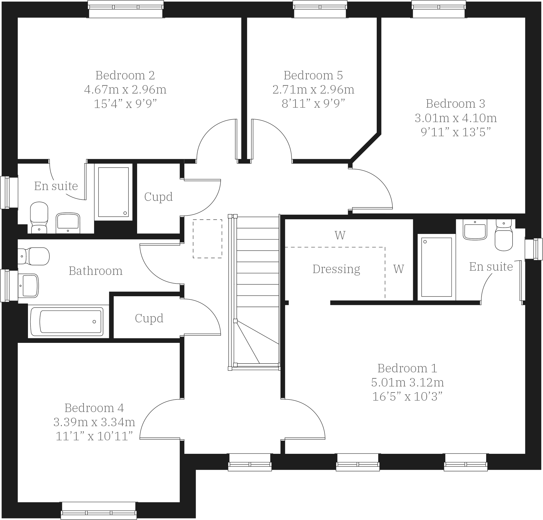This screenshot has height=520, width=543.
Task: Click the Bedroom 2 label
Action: pyautogui.click(x=125, y=75)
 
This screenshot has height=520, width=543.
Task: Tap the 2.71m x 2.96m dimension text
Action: pyautogui.click(x=313, y=90)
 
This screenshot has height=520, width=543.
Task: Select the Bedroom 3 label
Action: pyautogui.click(x=455, y=103)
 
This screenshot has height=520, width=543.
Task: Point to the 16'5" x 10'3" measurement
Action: pyautogui.click(x=407, y=397)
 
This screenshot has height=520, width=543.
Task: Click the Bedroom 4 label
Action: pyautogui.click(x=94, y=408)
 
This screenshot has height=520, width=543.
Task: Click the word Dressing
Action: pyautogui.click(x=336, y=269)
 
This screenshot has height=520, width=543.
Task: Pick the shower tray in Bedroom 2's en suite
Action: pyautogui.click(x=113, y=192)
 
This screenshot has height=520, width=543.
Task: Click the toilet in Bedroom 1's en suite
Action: pyautogui.click(x=504, y=235)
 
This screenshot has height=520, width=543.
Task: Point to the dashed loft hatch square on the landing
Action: pyautogui.click(x=207, y=239)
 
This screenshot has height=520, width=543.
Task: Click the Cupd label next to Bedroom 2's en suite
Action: pyautogui.click(x=158, y=197)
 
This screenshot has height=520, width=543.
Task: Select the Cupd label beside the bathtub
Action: pyautogui.click(x=149, y=318)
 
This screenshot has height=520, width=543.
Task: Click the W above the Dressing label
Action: pyautogui.click(x=340, y=235)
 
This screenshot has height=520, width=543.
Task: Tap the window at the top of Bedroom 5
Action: pyautogui.click(x=320, y=9)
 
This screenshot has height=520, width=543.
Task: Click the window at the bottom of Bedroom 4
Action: pyautogui.click(x=99, y=510)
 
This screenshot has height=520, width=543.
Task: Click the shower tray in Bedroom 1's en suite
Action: pyautogui.click(x=436, y=267)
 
